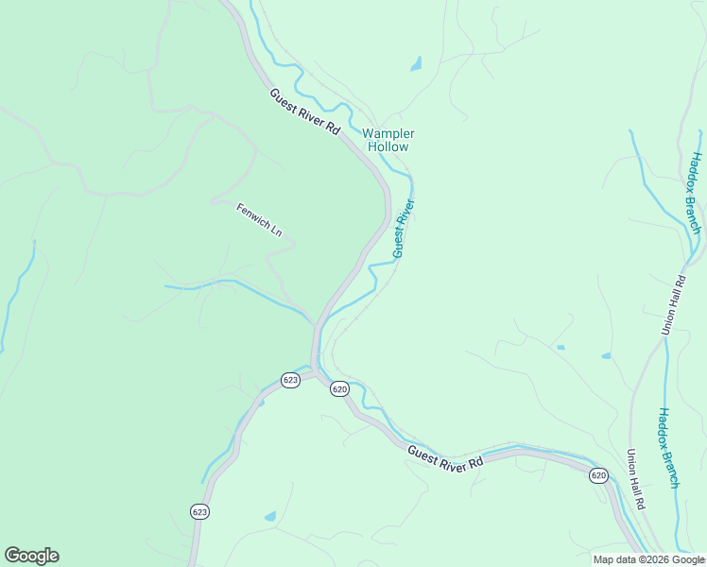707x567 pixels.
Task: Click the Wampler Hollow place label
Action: pyautogui.click(x=388, y=141)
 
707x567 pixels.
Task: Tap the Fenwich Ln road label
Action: pyautogui.click(x=259, y=220)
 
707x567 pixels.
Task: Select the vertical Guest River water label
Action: pyautogui.click(x=404, y=228)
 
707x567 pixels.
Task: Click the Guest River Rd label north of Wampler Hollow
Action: pyautogui.click(x=304, y=112)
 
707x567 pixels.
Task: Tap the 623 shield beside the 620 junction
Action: pyautogui.click(x=290, y=380)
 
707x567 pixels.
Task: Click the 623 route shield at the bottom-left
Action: pyautogui.click(x=199, y=511)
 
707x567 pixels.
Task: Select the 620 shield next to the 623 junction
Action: pyautogui.click(x=340, y=389)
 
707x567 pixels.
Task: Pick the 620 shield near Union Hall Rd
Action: pyautogui.click(x=598, y=474)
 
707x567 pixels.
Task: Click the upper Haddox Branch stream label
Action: pyautogui.click(x=695, y=193)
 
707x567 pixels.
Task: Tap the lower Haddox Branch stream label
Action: pyautogui.click(x=668, y=448)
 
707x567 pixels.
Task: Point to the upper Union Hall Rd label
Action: pyautogui.click(x=674, y=304)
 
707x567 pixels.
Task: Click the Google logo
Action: pyautogui.click(x=31, y=556)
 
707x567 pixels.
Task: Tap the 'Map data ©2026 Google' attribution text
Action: pyautogui.click(x=648, y=559)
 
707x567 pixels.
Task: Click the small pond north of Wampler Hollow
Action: pyautogui.click(x=416, y=65)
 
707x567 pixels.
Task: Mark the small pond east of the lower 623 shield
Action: pyautogui.click(x=270, y=517)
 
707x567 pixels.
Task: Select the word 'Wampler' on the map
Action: pyautogui.click(x=388, y=134)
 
